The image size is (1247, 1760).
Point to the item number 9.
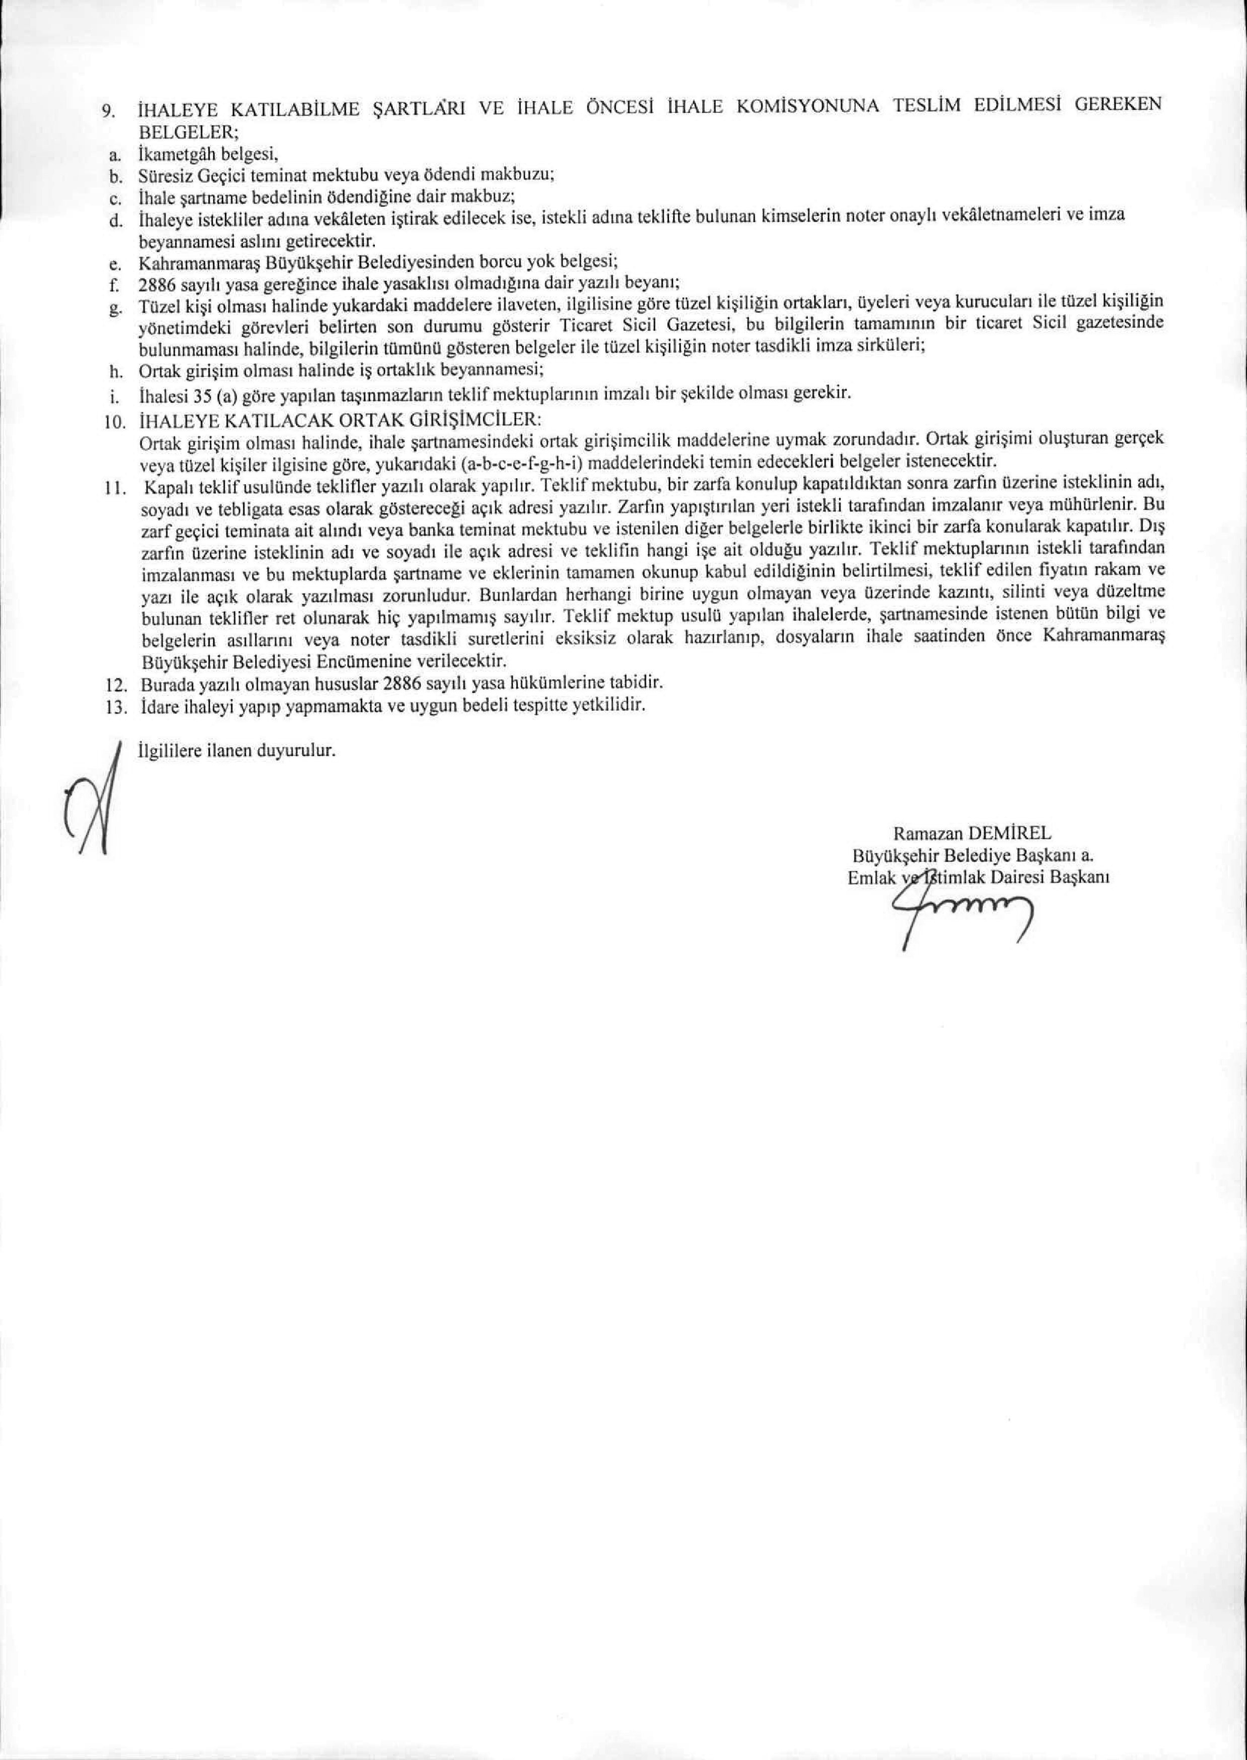tap(109, 111)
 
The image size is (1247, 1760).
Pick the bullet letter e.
tap(113, 266)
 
